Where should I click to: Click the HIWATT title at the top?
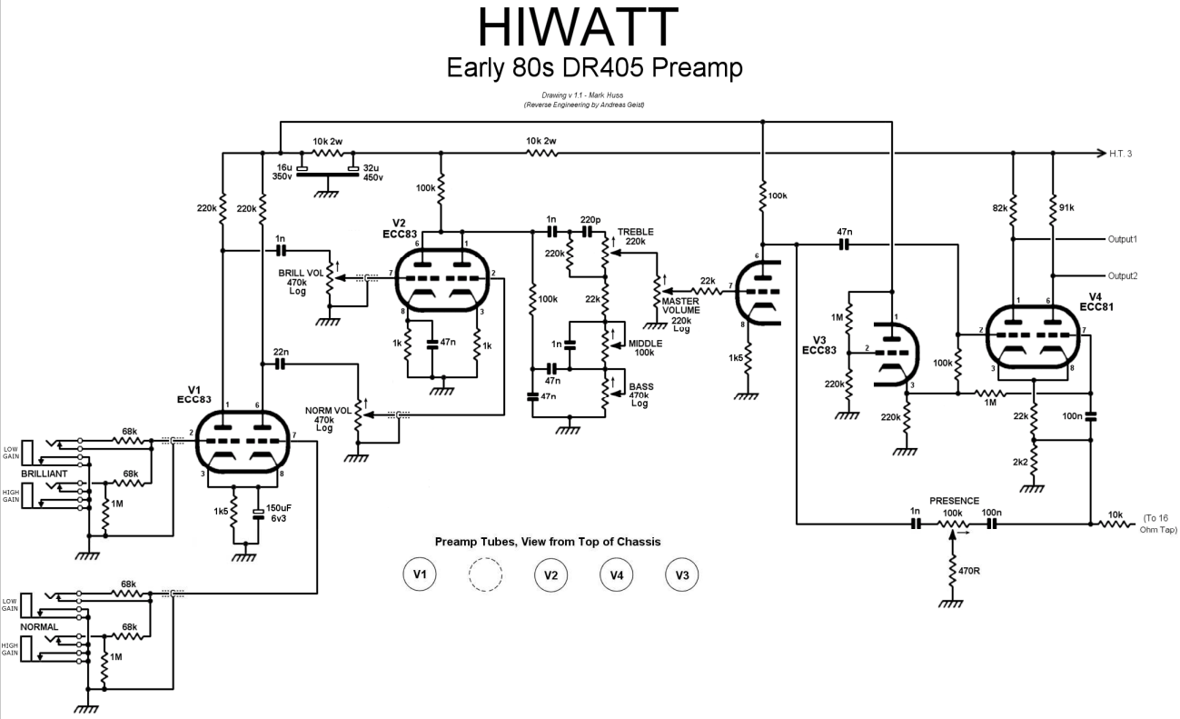tap(578, 26)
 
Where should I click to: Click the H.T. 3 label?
tap(1120, 154)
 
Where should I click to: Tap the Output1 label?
tap(1123, 239)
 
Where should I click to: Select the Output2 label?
tap(1123, 275)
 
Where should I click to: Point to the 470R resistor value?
tap(969, 571)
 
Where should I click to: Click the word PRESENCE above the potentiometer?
tap(954, 501)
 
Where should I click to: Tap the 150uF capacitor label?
tap(279, 508)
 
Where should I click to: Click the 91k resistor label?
tap(1066, 207)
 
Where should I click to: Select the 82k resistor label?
tap(1000, 208)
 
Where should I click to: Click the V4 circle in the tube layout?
tap(616, 574)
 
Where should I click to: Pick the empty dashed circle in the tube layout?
tap(485, 574)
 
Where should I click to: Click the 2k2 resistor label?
tap(1020, 463)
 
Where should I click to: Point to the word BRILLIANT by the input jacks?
tap(45, 474)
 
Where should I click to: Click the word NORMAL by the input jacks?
tap(39, 627)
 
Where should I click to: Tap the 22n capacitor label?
tap(281, 352)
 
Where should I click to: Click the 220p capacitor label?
tap(590, 219)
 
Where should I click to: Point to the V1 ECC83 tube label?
tap(193, 394)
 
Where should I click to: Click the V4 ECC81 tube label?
tap(1096, 302)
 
